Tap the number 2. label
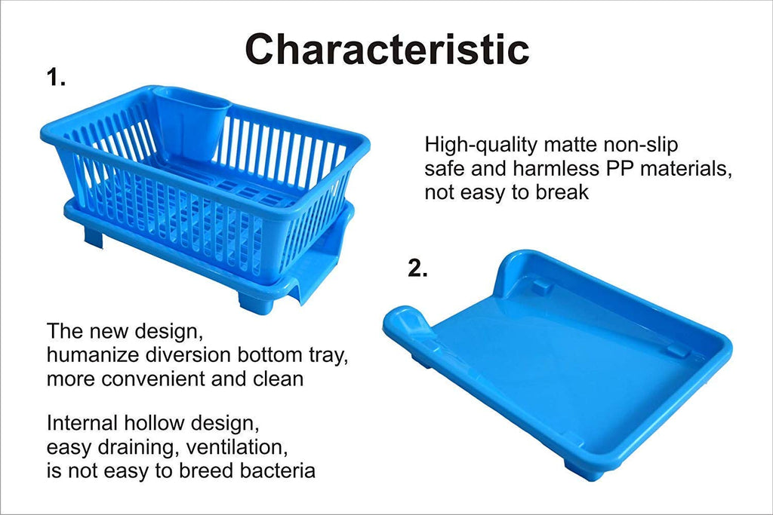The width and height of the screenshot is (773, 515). coord(417,269)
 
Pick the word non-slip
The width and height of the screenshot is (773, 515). coord(648,144)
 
